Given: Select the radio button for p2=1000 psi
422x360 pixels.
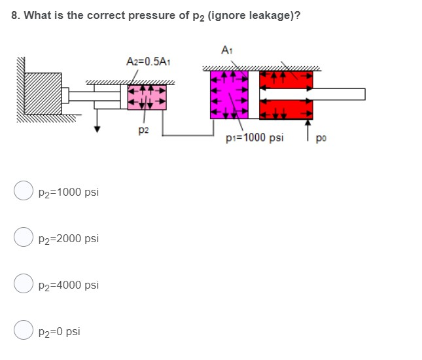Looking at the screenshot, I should (24, 191).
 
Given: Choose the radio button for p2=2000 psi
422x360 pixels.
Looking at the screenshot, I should (24, 238).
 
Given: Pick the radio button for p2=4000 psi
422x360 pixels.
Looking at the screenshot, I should (24, 285).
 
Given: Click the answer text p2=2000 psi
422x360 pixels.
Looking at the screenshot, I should (69, 238).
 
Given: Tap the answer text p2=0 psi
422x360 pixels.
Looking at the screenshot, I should (60, 332).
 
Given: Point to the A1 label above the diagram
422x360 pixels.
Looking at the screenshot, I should (227, 49).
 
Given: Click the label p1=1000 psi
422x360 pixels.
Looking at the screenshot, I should (255, 138).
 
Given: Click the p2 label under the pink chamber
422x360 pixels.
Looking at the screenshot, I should (143, 130).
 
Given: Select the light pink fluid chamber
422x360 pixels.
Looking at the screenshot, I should (147, 98).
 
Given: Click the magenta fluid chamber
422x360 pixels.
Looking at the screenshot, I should (228, 96).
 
